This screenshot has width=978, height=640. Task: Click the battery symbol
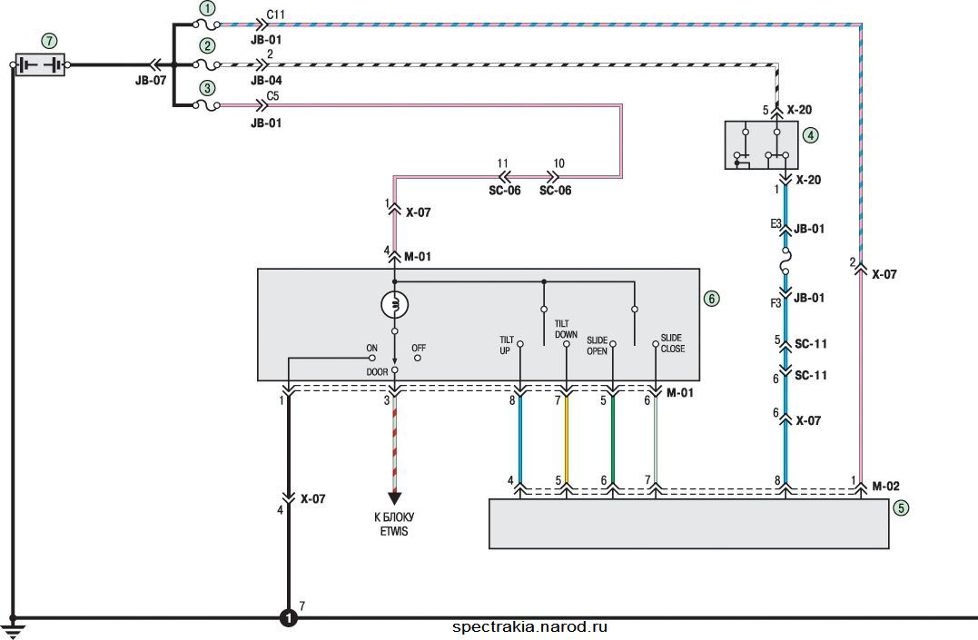[x=39, y=64]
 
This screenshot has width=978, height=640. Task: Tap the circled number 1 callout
[x=207, y=8]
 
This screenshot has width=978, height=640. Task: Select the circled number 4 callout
[x=810, y=134]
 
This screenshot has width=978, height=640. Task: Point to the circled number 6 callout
[x=712, y=298]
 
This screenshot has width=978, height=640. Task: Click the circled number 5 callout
[x=901, y=507]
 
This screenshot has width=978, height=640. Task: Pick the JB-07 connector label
[x=151, y=80]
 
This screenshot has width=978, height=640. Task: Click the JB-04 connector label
[x=266, y=80]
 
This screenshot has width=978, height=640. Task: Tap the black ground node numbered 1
[x=288, y=617]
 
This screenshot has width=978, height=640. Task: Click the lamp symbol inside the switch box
[x=395, y=304]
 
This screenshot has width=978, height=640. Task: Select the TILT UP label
[x=506, y=345]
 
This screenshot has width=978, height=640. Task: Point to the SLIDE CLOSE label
[x=672, y=343]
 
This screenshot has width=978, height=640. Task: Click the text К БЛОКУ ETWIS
[x=394, y=524]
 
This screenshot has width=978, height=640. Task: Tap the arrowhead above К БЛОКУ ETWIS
[x=394, y=498]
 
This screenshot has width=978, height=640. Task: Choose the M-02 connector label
[x=885, y=486]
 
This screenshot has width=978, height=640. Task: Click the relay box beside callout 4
[x=761, y=144]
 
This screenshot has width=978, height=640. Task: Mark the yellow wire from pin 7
[x=567, y=439]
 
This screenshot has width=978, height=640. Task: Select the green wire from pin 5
[x=612, y=439]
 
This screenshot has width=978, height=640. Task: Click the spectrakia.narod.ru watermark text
[x=529, y=627]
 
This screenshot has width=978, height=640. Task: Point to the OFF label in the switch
[x=419, y=348]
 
